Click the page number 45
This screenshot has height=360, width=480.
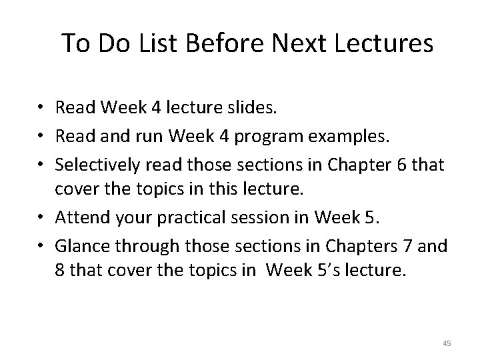point(447,343)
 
